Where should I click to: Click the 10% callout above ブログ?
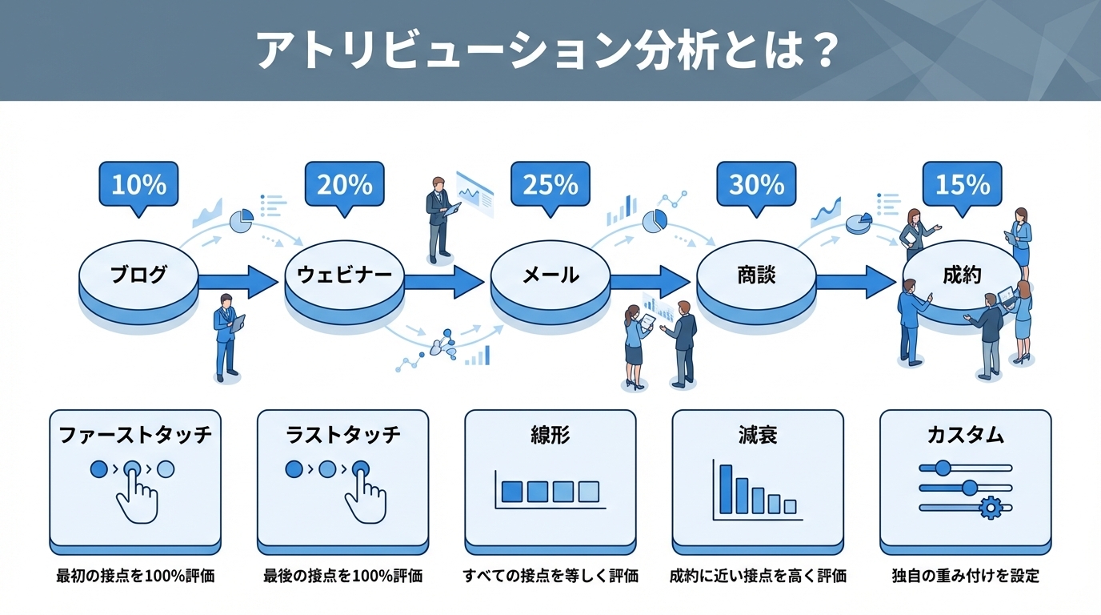pyautogui.click(x=138, y=185)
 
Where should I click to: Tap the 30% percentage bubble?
pyautogui.click(x=756, y=185)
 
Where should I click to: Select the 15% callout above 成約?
pyautogui.click(x=962, y=185)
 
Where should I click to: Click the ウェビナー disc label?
pyautogui.click(x=344, y=275)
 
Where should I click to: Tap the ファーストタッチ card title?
pyautogui.click(x=135, y=435)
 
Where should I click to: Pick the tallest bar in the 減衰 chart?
pyautogui.click(x=726, y=488)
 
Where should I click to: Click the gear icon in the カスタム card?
pyautogui.click(x=990, y=506)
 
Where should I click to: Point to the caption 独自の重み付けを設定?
pyautogui.click(x=965, y=576)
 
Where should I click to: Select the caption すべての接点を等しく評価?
pyautogui.click(x=550, y=576)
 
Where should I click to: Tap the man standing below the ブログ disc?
pyautogui.click(x=226, y=336)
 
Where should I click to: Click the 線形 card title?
pyautogui.click(x=550, y=435)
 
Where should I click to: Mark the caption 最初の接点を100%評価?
pyautogui.click(x=135, y=576)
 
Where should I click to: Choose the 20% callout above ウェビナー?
pyautogui.click(x=344, y=185)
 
